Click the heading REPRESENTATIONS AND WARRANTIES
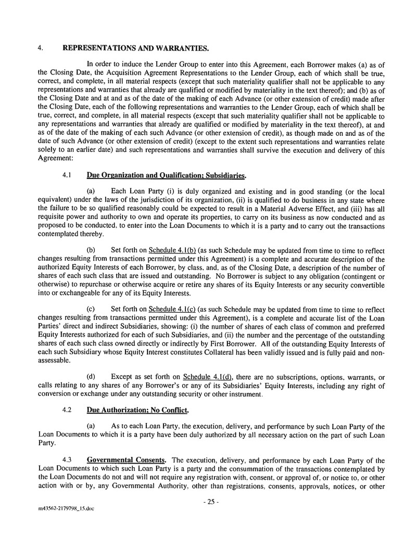(x=135, y=48)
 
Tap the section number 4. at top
(x=40, y=48)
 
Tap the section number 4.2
(x=66, y=410)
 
